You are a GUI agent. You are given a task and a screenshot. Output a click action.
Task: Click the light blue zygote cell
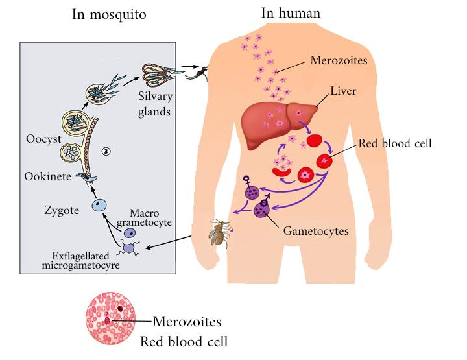pyautogui.click(x=99, y=205)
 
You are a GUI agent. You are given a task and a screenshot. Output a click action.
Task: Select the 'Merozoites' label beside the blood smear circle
pyautogui.click(x=186, y=321)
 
